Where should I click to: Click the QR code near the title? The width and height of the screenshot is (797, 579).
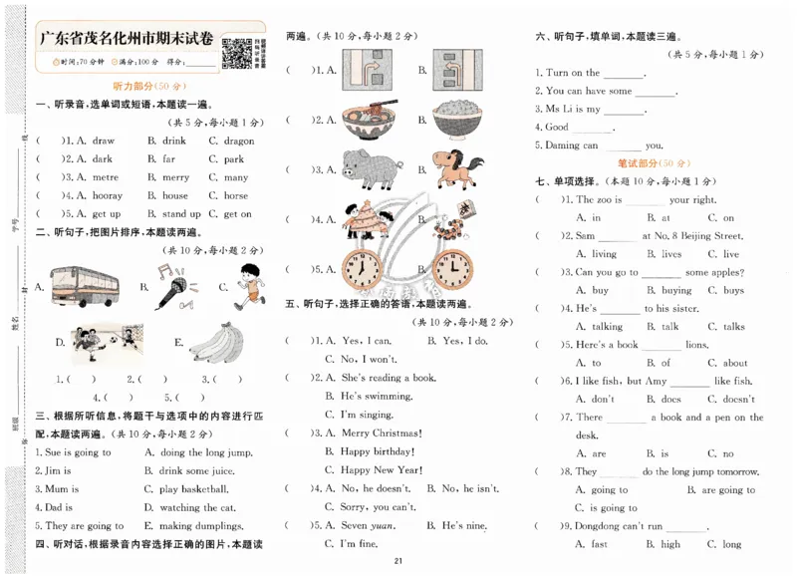pyautogui.click(x=236, y=52)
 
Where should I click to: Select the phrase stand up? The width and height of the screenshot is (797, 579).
pyautogui.click(x=181, y=214)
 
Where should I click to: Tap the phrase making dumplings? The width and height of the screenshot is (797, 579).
pyautogui.click(x=204, y=525)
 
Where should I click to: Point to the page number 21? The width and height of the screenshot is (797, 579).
pyautogui.click(x=398, y=563)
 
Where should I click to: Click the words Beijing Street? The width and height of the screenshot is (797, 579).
pyautogui.click(x=706, y=236)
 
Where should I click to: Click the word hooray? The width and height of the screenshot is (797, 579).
pyautogui.click(x=107, y=196)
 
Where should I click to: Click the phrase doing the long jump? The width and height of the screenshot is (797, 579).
pyautogui.click(x=205, y=451)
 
